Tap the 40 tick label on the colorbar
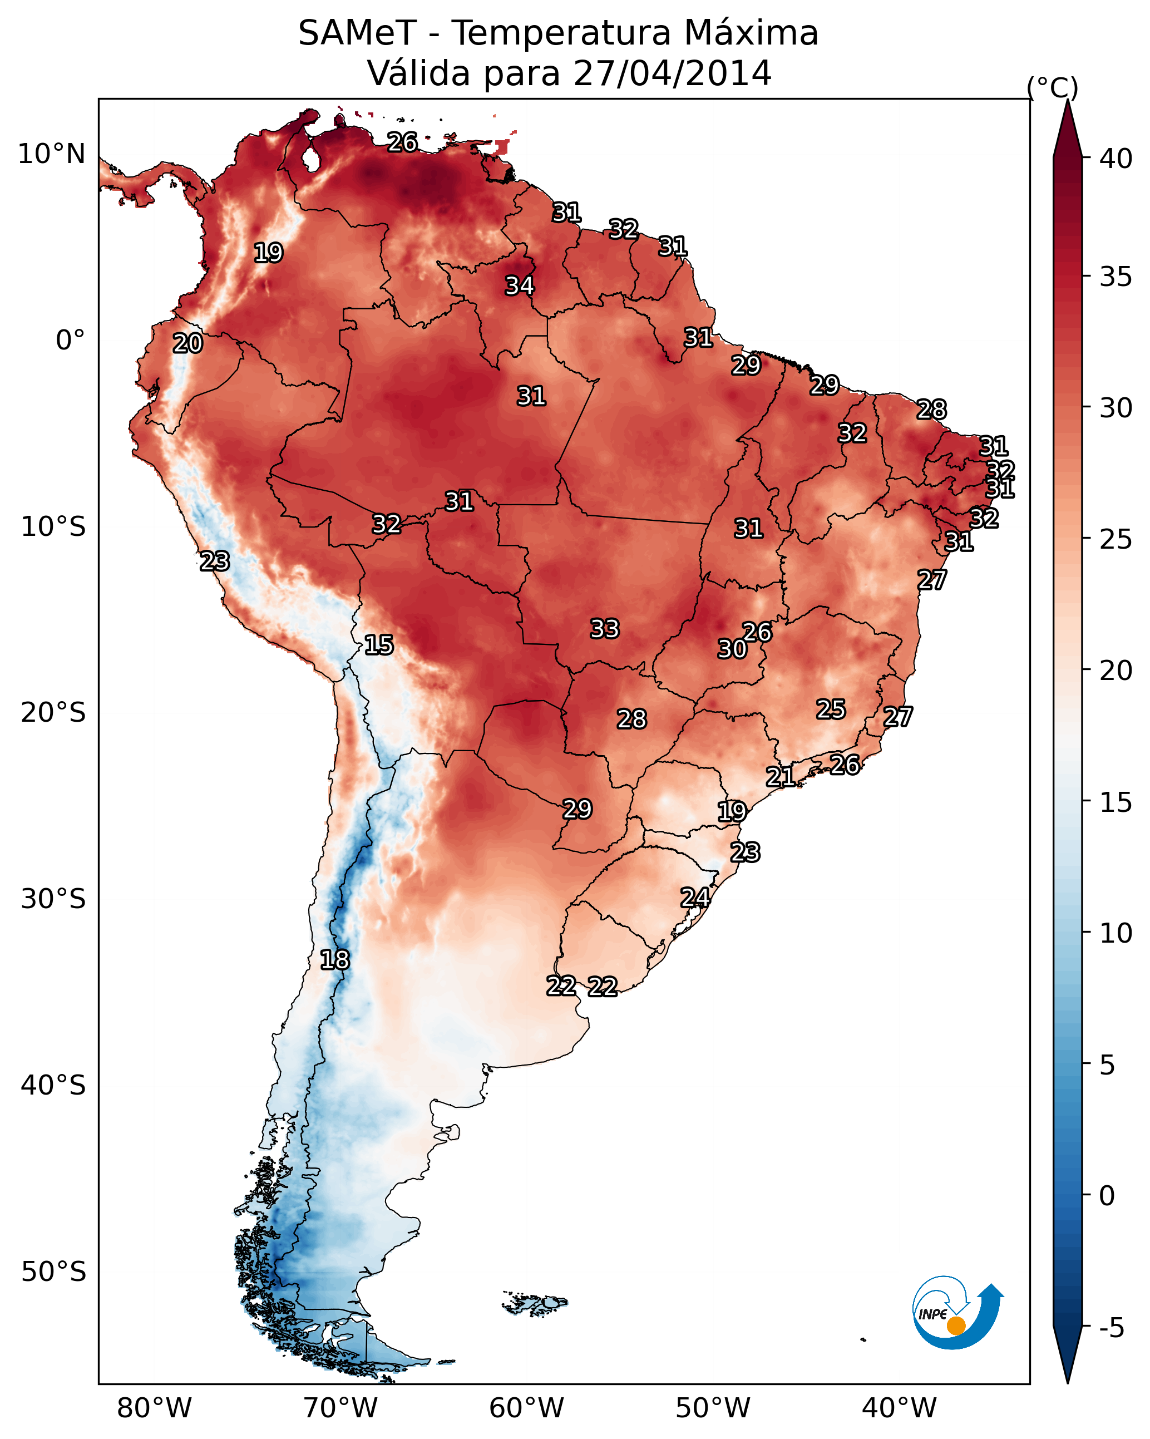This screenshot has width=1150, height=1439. point(1116,159)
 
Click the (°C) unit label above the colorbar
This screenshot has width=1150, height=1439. point(1052,87)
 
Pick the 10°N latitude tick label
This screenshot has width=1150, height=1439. point(51,154)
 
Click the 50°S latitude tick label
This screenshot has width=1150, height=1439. point(53,1272)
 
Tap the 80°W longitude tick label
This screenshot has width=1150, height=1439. point(154,1408)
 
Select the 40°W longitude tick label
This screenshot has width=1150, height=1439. point(899,1408)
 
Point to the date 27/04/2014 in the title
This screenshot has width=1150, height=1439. point(672,73)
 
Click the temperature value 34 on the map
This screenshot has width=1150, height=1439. point(519,285)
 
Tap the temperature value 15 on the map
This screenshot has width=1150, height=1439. point(378,645)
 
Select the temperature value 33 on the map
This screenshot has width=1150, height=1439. point(605,629)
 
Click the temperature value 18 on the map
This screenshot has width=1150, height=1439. point(334,960)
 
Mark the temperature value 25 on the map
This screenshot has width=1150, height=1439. point(831,709)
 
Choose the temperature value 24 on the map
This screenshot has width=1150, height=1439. point(695,898)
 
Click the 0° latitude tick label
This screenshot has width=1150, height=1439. point(70,341)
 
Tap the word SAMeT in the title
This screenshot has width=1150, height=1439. point(358,33)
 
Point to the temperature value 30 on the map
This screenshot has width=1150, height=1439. point(732,649)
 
